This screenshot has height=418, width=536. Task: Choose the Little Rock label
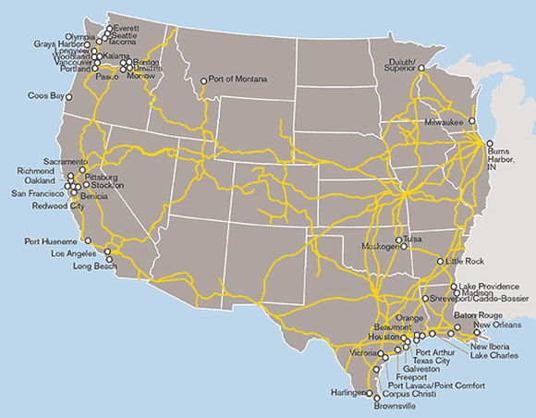[463, 263]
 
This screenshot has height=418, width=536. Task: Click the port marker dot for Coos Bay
[68, 96]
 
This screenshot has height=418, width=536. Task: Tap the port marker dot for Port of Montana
[204, 80]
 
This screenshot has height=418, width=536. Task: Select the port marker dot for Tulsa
[399, 240]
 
